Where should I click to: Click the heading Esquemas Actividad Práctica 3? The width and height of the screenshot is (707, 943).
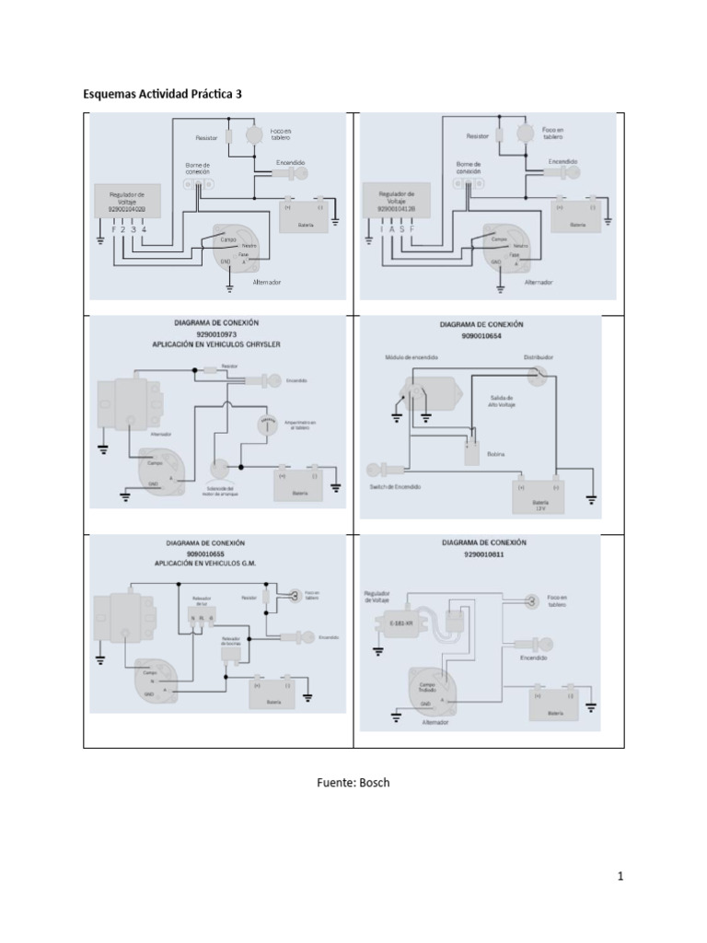(164, 95)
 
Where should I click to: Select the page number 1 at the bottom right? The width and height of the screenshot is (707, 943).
(620, 877)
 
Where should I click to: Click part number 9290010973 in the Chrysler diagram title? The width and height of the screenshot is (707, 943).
(215, 333)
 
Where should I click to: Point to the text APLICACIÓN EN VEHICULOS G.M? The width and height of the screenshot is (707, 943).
(215, 566)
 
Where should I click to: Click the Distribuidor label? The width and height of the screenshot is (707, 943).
(539, 355)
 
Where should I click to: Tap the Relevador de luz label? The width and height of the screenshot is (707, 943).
(202, 601)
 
